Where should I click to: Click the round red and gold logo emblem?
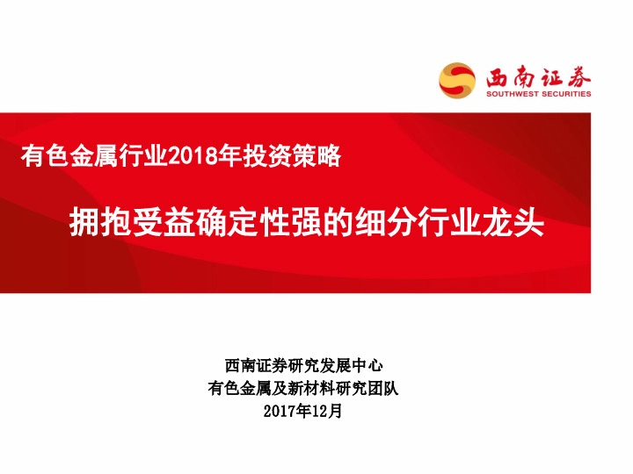click(x=458, y=80)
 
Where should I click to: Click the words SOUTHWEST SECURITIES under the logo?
click(x=539, y=94)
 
